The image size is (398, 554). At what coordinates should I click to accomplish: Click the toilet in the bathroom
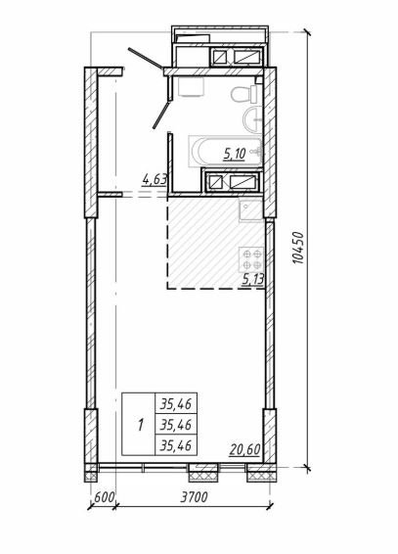click(245, 94)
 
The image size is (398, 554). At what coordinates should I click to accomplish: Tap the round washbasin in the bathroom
click(252, 119)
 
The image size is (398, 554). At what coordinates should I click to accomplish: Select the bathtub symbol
click(225, 151)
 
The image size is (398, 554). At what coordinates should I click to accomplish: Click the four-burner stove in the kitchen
click(251, 259)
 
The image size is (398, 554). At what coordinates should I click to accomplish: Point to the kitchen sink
click(251, 210)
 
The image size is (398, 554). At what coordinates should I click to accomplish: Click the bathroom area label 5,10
click(235, 154)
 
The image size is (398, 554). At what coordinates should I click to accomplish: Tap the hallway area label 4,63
click(155, 179)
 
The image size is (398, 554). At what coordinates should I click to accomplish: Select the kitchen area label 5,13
click(253, 280)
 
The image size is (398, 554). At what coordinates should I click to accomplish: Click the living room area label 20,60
click(244, 450)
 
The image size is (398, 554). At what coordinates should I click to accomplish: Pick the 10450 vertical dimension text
click(298, 248)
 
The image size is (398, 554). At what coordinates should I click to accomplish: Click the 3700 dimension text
click(194, 497)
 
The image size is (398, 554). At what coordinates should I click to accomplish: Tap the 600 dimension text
click(105, 497)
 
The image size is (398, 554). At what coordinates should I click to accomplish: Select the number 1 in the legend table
click(141, 425)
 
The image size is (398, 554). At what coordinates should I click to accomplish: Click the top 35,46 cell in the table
click(176, 403)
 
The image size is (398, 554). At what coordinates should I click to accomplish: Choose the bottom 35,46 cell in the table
click(176, 445)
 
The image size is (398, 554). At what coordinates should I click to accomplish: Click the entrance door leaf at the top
click(146, 58)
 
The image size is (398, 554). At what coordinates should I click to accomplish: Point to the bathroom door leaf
click(161, 115)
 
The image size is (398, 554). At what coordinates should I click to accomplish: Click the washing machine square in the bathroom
click(192, 87)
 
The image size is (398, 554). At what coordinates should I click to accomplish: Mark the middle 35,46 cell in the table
click(176, 424)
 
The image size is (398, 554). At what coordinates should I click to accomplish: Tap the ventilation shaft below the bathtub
click(232, 181)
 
